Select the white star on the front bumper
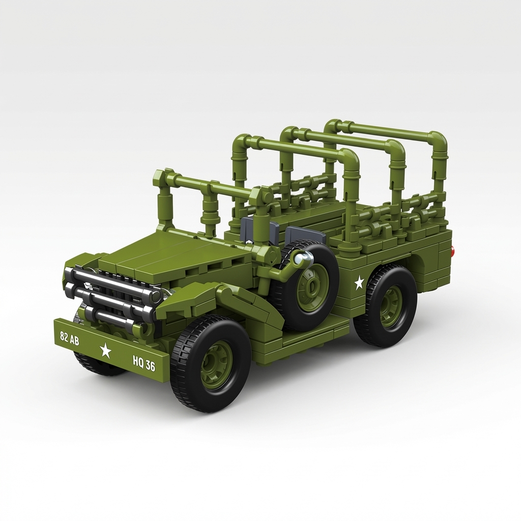tap(105, 350)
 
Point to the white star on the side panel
tap(359, 282)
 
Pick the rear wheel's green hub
tap(391, 306)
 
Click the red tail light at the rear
tap(452, 251)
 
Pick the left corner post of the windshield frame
tap(164, 201)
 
